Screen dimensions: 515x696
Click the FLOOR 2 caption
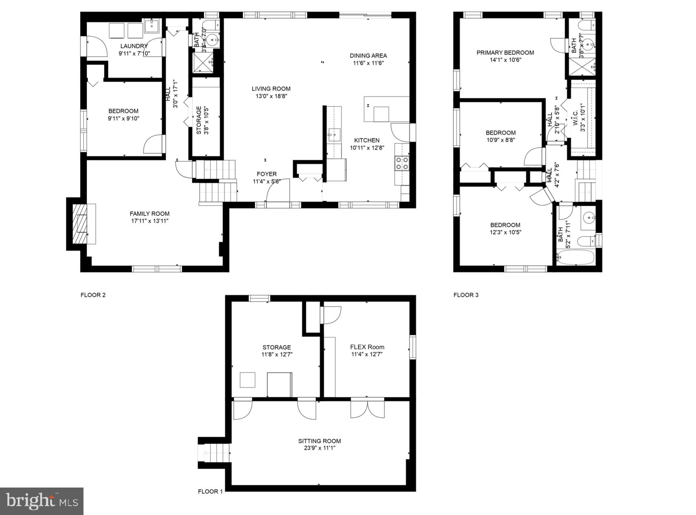[x=93, y=295]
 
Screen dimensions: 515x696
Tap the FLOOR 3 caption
[x=466, y=295]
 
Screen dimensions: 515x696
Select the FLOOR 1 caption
[x=210, y=491]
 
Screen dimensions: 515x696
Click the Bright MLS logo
[x=42, y=501]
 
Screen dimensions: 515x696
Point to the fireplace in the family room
[x=80, y=224]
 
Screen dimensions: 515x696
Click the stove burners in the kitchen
[x=402, y=163]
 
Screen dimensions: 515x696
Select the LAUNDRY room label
[x=134, y=46]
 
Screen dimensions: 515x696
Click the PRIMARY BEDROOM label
[x=505, y=53]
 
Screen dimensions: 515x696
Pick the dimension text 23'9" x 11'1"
[x=319, y=448]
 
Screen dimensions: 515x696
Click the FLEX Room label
[x=367, y=347]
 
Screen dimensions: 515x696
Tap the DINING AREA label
[x=368, y=56]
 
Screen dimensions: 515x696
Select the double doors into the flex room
[x=367, y=409]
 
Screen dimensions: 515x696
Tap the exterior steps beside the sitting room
[x=215, y=453]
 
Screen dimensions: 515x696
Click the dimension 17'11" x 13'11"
[x=150, y=221]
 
